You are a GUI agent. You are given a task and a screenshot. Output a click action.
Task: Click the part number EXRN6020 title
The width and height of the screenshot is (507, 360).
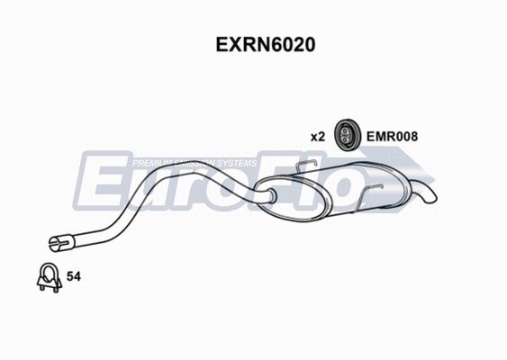point(253,44)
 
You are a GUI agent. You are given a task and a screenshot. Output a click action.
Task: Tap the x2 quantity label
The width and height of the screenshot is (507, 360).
point(317,137)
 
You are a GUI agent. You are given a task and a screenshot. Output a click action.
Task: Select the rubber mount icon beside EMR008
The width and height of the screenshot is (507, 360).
point(347,135)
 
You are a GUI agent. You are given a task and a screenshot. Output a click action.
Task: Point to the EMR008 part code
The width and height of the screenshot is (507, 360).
point(392,137)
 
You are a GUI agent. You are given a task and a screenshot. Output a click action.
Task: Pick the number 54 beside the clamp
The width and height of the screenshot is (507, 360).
point(75,278)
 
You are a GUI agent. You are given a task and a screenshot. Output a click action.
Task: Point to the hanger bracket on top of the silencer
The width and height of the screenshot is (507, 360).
point(305,166)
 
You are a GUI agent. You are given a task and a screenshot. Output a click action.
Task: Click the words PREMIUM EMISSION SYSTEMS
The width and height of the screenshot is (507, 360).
point(195,163)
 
